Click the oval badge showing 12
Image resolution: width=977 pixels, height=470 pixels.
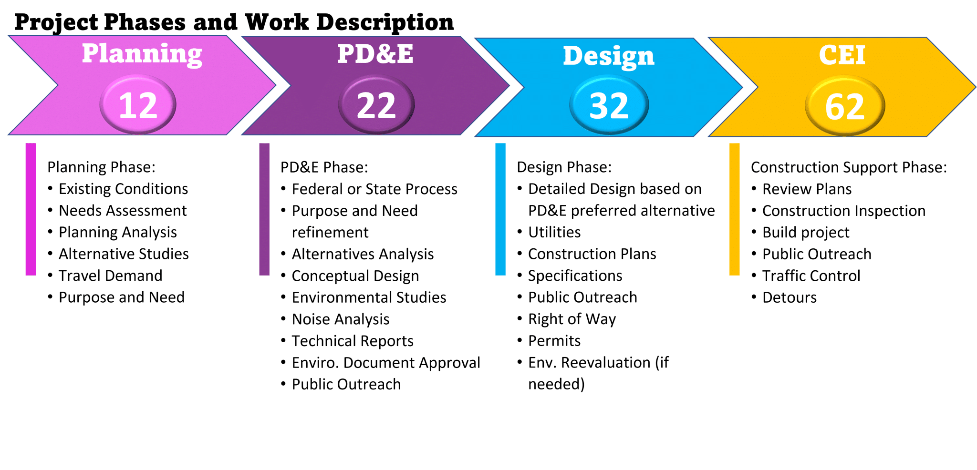pos(138,105)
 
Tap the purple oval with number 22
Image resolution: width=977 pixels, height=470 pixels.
pos(376,105)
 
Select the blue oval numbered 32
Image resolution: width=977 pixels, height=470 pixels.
pos(609,105)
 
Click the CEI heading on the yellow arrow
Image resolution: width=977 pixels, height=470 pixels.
pos(842,55)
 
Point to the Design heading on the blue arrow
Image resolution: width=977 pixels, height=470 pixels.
pos(608,56)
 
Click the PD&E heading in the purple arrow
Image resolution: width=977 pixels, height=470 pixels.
pos(375,53)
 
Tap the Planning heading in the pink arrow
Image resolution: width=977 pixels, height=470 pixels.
pos(142,54)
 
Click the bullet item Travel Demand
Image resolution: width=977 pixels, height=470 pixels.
pos(110,276)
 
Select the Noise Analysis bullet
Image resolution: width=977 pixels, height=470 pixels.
pos(341,319)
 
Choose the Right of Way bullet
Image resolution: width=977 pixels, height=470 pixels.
pos(572,319)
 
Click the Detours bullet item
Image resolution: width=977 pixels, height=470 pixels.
pos(789,297)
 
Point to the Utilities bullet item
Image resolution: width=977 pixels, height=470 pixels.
pos(554,232)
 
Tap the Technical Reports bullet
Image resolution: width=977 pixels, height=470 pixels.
pos(353,341)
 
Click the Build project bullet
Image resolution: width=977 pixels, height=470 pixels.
pos(806,232)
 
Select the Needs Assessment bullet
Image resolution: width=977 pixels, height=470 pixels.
pos(123,210)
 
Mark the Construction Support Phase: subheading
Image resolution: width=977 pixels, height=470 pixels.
pos(849,167)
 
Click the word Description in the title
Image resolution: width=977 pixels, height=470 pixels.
pos(385,22)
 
